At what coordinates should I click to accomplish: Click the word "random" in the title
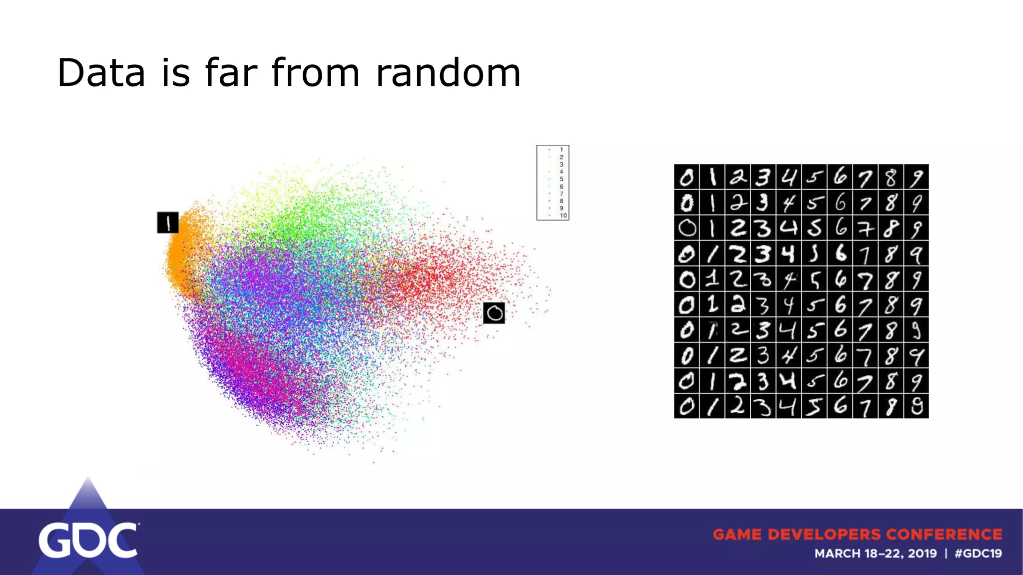(x=448, y=73)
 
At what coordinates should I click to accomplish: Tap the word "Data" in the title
(x=101, y=73)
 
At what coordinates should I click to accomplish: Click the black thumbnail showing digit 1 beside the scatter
(x=168, y=223)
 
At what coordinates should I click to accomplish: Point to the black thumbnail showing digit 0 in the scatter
(x=494, y=313)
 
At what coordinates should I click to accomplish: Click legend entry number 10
(x=563, y=216)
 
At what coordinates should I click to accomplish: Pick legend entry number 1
(x=561, y=150)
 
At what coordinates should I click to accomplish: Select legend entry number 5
(x=561, y=179)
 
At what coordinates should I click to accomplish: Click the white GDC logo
(x=88, y=540)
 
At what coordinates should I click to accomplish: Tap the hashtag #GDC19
(x=978, y=554)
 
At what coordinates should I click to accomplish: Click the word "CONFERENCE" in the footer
(x=944, y=535)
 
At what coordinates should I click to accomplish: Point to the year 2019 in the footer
(x=922, y=554)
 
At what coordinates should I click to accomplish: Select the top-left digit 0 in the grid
(x=687, y=177)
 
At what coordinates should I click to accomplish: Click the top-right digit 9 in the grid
(x=916, y=177)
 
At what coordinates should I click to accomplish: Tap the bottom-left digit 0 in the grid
(x=687, y=406)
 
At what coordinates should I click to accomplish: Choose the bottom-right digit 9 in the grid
(x=916, y=406)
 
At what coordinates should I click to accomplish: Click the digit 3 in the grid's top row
(x=763, y=177)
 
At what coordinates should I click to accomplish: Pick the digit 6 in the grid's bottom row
(x=840, y=406)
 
